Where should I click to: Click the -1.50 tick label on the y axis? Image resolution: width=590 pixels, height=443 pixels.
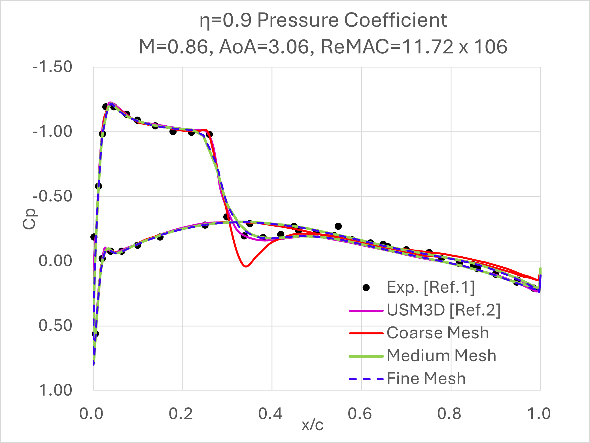point(52,67)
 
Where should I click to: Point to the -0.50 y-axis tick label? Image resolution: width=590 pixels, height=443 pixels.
point(52,196)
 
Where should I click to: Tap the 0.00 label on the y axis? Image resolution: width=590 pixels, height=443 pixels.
point(55,261)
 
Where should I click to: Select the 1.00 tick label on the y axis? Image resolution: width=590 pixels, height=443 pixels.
point(55,390)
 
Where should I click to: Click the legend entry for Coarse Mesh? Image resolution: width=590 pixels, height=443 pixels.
point(438,333)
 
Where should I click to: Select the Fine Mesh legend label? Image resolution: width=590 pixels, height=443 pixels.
point(426,379)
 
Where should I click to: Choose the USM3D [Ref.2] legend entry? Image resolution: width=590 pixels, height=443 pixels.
point(443,310)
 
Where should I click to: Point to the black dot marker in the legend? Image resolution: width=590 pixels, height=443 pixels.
point(366,288)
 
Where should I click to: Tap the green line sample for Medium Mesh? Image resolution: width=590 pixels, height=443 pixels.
point(366,356)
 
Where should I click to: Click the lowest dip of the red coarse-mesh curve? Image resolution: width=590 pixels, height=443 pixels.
point(246,266)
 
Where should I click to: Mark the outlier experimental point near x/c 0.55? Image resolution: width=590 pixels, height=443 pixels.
point(338,226)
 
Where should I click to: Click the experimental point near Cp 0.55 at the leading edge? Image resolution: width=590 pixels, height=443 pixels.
point(95,334)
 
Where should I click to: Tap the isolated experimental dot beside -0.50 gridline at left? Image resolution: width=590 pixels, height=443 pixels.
point(98,186)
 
